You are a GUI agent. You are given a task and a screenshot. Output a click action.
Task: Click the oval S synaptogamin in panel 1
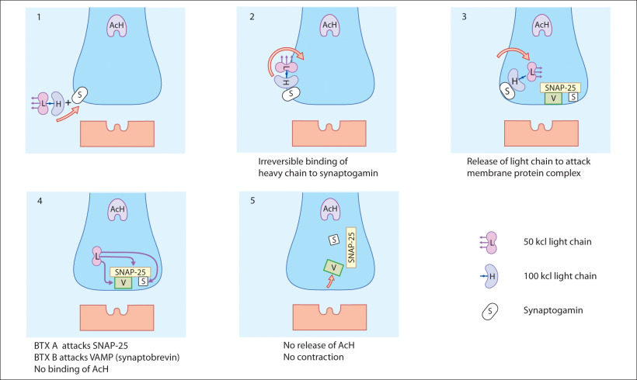81,92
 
